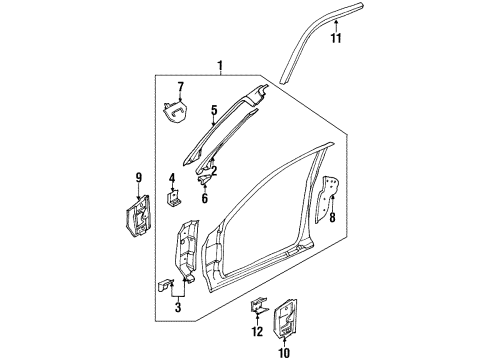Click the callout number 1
pyautogui.click(x=218, y=66)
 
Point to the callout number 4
pyautogui.click(x=172, y=180)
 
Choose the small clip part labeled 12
pyautogui.click(x=259, y=309)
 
